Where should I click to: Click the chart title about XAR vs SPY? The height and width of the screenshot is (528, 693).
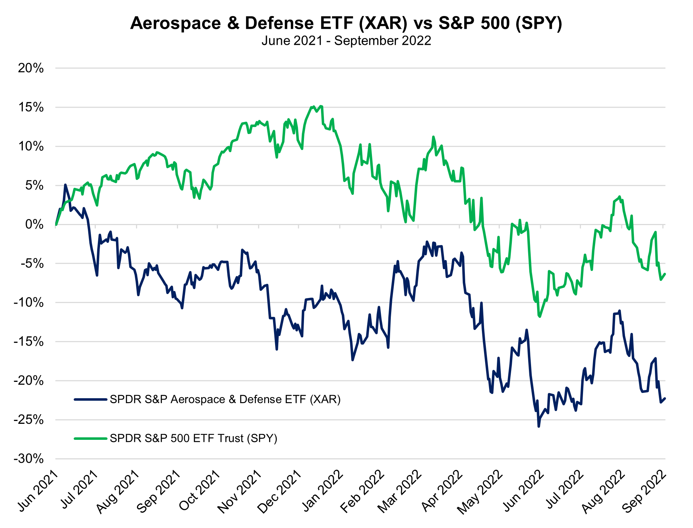346,23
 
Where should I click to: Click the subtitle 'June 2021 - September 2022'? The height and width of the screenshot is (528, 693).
346,41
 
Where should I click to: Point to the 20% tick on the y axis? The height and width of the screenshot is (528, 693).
31,68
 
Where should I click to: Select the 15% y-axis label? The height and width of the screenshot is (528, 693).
31,107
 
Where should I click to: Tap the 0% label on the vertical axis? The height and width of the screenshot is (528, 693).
35,224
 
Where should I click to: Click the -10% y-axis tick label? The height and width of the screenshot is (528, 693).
28,303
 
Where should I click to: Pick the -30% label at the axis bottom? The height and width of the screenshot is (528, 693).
28,459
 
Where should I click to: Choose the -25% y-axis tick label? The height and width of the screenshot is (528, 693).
28,420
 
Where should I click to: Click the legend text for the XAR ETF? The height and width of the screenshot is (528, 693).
225,400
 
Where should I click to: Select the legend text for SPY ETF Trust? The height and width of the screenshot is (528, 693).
193,438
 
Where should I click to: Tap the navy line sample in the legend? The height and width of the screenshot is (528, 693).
90,400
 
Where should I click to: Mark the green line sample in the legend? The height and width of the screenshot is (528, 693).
90,438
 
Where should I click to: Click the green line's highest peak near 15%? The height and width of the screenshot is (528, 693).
313,106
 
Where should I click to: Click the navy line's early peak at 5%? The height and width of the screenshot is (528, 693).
65,185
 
